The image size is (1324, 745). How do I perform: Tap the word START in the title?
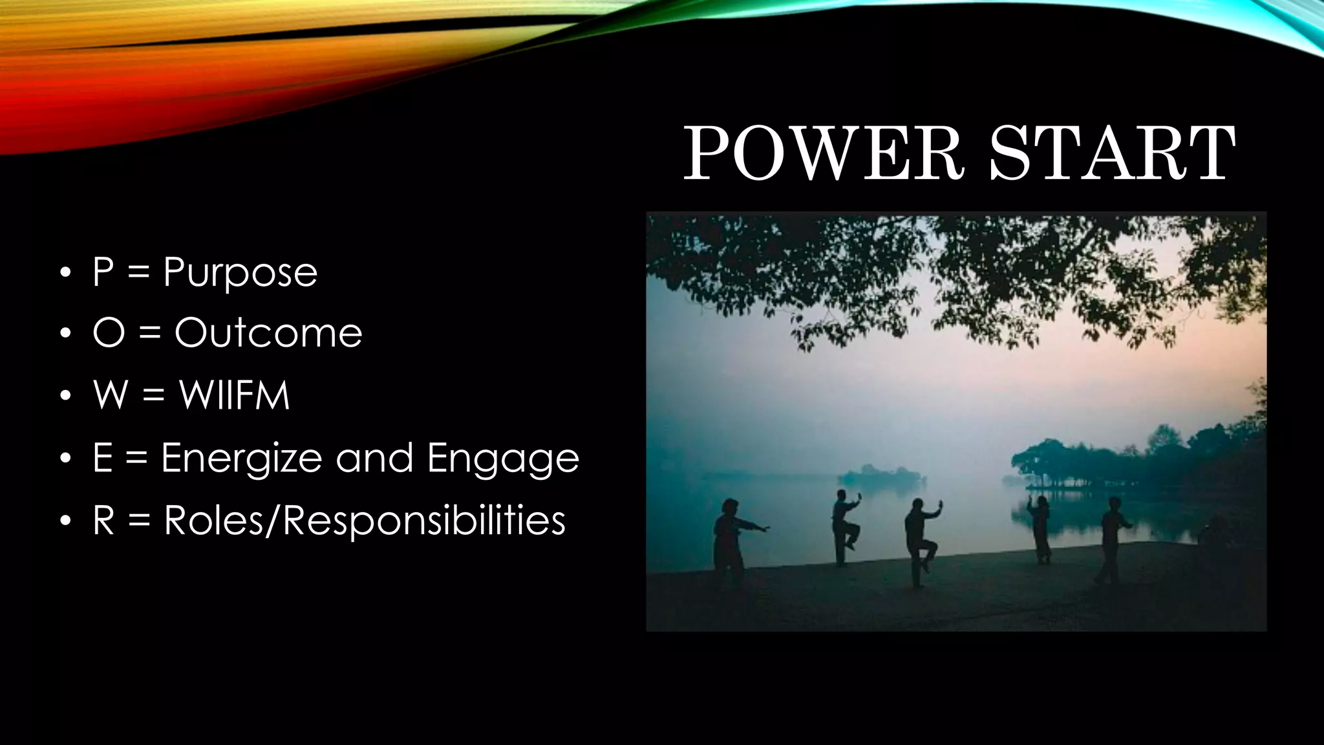click(1112, 154)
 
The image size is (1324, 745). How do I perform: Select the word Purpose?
click(240, 272)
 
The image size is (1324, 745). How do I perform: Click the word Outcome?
click(268, 333)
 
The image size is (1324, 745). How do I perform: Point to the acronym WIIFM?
click(234, 394)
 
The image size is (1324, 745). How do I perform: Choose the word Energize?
click(241, 459)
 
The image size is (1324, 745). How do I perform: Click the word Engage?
click(503, 459)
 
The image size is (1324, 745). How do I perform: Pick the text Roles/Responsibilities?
click(365, 520)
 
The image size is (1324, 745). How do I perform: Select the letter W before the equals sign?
click(110, 394)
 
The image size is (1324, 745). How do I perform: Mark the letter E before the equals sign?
click(102, 457)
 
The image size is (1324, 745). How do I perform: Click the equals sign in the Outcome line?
click(149, 334)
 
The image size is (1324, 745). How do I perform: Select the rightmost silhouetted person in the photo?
click(1113, 537)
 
